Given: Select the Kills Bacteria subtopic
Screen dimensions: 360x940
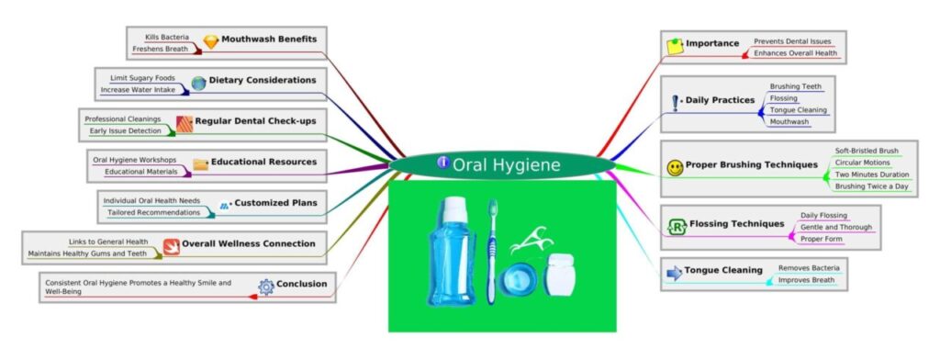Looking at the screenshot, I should click(166, 38).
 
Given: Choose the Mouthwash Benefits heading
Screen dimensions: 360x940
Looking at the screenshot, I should click(269, 39).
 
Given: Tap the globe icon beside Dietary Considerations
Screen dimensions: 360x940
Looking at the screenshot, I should click(198, 83).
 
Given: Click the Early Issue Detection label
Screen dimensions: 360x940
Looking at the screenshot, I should click(124, 131).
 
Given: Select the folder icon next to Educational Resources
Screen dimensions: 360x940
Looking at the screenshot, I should click(200, 163).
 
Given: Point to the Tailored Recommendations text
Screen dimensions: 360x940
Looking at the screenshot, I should click(153, 212).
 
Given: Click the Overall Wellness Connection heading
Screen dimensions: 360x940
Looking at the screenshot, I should click(248, 244).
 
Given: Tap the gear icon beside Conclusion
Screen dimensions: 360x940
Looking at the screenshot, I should click(266, 286).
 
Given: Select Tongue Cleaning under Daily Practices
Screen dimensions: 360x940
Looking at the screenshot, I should click(799, 109).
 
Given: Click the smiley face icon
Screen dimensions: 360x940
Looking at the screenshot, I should click(675, 167).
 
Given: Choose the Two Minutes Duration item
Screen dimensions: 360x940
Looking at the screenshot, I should click(871, 174).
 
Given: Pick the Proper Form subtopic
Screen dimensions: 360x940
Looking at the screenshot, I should click(822, 239).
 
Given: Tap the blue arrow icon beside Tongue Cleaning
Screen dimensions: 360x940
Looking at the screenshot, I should click(674, 272).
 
